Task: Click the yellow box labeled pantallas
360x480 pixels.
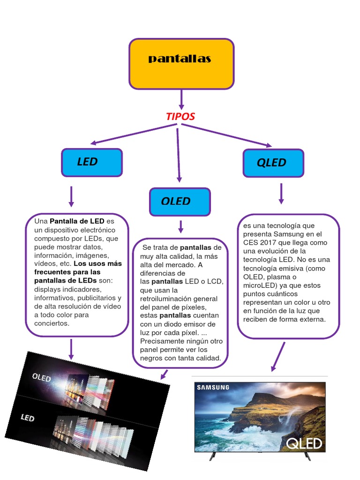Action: pos(181,64)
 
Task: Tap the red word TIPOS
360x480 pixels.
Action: pos(180,116)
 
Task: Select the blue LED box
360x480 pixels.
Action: pos(92,163)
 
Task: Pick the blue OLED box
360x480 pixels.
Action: pos(180,202)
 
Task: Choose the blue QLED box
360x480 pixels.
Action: pos(273,163)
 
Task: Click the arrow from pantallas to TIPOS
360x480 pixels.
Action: pos(181,99)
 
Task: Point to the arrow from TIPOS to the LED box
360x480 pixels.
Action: pos(134,134)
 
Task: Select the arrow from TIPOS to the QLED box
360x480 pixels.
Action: pos(226,135)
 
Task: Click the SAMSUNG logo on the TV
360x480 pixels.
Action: pos(213,388)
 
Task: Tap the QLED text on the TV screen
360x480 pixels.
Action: pos(304,443)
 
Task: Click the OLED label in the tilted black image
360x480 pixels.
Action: pos(41,377)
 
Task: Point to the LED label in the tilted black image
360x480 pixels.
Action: pos(28,418)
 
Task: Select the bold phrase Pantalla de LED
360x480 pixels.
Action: pos(77,221)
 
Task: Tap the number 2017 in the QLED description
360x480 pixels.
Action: pos(268,243)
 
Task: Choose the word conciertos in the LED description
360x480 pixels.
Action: pos(52,323)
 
